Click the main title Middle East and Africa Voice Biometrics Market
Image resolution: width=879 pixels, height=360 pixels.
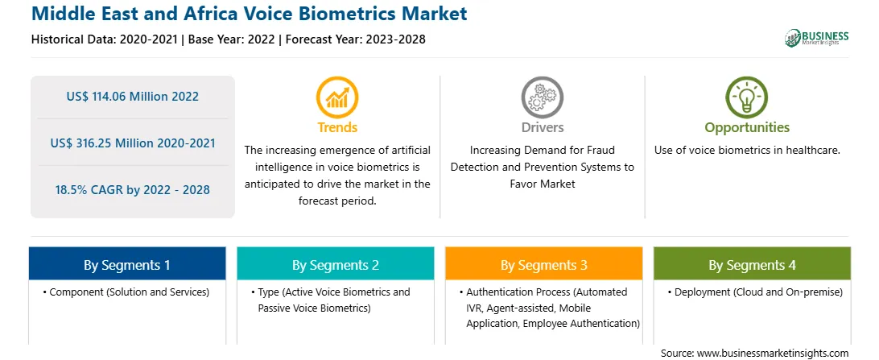[249, 14]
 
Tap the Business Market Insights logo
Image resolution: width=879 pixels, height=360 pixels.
[817, 38]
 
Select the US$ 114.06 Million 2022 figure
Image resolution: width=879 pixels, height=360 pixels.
[132, 97]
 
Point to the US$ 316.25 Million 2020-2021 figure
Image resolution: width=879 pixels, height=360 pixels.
[132, 143]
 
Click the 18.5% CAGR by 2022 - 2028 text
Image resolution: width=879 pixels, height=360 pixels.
[132, 190]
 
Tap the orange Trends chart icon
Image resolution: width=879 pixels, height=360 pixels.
[337, 97]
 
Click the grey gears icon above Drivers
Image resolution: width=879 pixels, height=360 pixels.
[543, 97]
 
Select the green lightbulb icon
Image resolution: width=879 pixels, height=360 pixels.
[747, 97]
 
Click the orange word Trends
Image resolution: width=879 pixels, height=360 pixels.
[337, 127]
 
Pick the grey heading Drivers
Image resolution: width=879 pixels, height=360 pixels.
[543, 127]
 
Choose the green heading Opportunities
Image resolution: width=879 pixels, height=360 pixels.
[747, 128]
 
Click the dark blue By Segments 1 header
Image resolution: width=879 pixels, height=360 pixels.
[127, 265]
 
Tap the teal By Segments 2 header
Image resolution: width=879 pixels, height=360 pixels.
[335, 265]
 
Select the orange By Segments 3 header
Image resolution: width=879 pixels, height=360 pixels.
[544, 265]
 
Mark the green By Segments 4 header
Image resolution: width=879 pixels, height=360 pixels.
[753, 265]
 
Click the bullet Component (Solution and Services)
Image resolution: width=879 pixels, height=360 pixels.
[126, 292]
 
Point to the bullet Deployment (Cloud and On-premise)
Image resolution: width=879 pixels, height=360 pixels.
[751, 292]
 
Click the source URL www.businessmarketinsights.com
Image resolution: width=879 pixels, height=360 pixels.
[773, 354]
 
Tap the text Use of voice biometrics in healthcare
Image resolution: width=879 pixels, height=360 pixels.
[747, 151]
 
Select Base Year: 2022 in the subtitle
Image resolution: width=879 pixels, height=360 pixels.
[232, 39]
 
